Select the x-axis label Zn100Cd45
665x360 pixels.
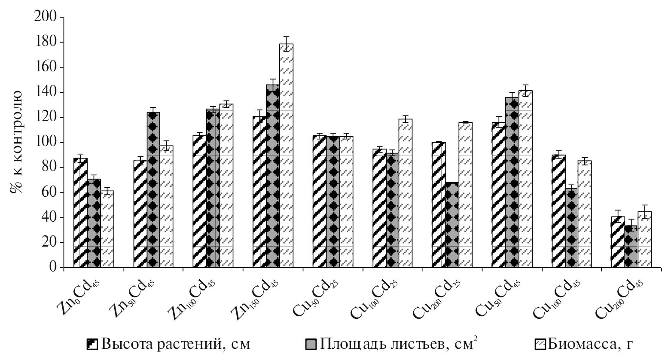(x=195, y=296)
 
